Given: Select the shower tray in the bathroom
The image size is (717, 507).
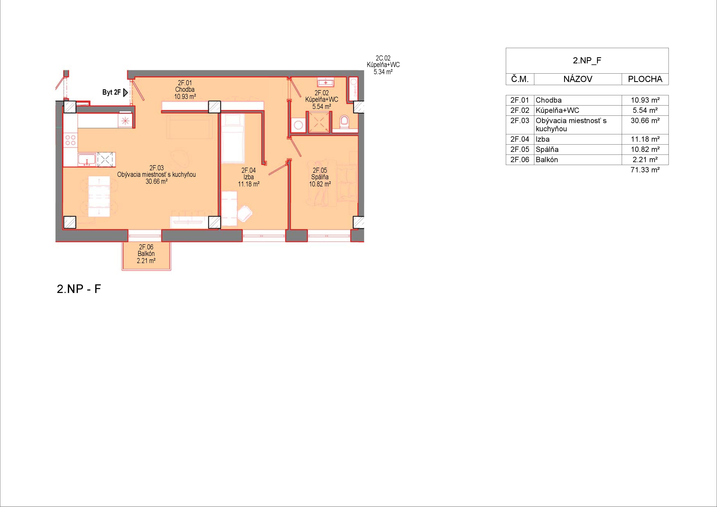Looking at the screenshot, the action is (x=319, y=122).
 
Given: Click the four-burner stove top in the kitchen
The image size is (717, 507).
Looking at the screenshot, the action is (x=71, y=140).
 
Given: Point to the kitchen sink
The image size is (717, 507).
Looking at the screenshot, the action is (x=87, y=159).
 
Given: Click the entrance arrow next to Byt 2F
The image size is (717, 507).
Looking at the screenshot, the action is (x=125, y=92).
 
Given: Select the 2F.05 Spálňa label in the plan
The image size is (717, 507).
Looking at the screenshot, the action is (x=320, y=177).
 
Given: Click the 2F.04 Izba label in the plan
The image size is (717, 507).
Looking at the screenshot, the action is (x=249, y=177).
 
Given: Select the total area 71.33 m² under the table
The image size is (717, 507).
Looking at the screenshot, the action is (x=645, y=170).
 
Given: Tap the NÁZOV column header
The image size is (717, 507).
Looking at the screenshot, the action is (x=578, y=79).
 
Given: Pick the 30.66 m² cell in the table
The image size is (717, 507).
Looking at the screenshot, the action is (x=645, y=121).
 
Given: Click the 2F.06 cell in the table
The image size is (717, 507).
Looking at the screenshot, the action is (x=520, y=160).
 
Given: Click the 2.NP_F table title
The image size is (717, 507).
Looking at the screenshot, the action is (x=587, y=61).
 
